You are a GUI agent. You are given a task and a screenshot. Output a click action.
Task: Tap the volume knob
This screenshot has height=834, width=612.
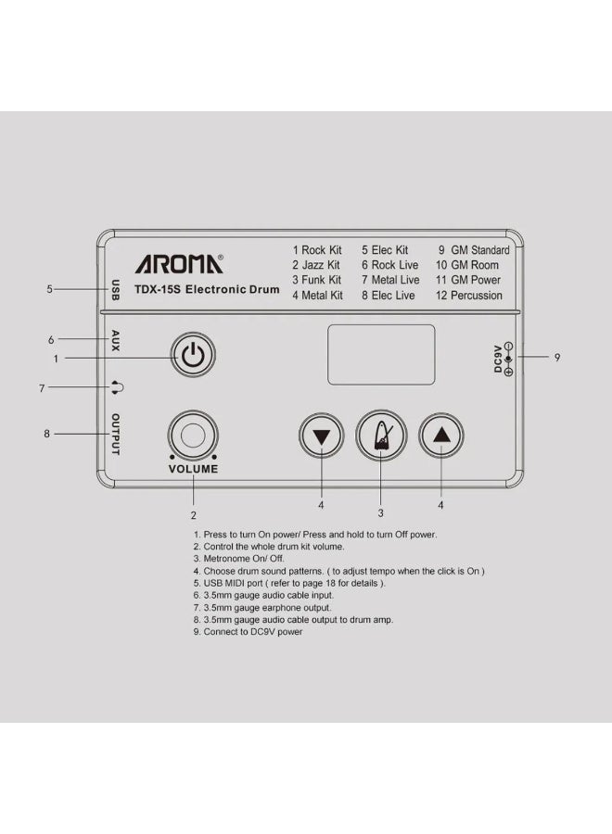coord(193,435)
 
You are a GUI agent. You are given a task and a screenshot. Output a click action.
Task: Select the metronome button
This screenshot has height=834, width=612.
coord(382,436)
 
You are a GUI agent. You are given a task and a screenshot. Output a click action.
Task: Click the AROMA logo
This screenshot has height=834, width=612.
coord(179,264)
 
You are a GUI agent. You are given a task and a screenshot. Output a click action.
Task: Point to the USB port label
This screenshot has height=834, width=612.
coord(116,289)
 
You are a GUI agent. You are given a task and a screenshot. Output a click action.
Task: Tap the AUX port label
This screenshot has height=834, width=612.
coord(116,340)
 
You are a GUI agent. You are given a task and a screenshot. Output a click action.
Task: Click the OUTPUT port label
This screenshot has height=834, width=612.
coord(116,434)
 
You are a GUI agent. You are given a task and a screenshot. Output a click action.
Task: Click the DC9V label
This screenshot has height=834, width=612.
coord(498,358)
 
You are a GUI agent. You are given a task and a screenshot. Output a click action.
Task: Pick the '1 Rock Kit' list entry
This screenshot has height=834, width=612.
coord(318,250)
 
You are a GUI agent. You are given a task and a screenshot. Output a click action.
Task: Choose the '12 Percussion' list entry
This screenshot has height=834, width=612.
coord(469,296)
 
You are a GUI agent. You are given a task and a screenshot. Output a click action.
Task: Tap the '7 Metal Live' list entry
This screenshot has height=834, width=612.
coord(390,280)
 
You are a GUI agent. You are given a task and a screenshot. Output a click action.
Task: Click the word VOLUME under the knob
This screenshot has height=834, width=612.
coord(193,469)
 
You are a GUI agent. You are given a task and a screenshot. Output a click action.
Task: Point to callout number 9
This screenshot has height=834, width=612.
coord(556,357)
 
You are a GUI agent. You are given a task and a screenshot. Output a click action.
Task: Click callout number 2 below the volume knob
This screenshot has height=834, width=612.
coord(193,514)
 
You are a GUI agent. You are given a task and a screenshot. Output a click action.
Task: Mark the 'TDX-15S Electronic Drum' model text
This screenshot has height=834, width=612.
coord(207,290)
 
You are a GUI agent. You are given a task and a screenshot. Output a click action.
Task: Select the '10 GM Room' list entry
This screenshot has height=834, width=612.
coord(467,265)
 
